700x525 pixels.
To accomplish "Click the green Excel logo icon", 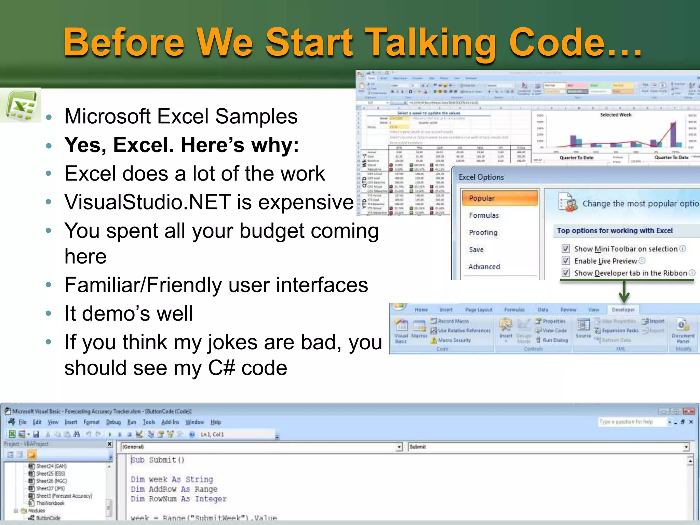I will click(x=21, y=106).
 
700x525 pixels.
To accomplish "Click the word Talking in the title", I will click(x=431, y=43).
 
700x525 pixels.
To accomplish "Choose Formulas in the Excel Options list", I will click(x=484, y=215).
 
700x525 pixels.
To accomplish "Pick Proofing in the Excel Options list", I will click(x=483, y=232).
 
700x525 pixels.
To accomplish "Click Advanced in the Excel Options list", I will click(x=484, y=267).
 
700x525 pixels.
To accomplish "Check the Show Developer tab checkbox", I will click(x=566, y=273).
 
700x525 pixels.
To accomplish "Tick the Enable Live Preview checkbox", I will click(x=566, y=261).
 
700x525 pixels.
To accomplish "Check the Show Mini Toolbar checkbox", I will click(x=566, y=249).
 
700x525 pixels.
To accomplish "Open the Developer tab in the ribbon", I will click(x=623, y=310).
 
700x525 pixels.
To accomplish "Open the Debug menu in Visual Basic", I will click(x=113, y=422).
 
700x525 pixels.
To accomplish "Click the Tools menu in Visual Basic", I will click(x=149, y=422).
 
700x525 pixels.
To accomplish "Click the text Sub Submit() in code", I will click(x=158, y=460).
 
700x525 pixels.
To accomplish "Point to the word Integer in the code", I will click(x=211, y=499).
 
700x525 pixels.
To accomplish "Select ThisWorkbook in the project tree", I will click(x=50, y=503).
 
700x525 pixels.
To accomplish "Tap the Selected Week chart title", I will click(x=616, y=115).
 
